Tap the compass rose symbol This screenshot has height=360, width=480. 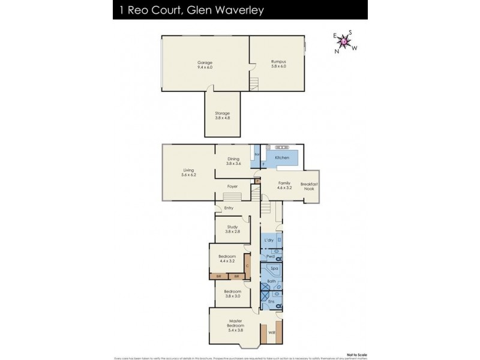(x=344, y=41)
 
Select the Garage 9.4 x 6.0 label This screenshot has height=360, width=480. (x=205, y=65)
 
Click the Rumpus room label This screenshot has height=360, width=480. (x=278, y=65)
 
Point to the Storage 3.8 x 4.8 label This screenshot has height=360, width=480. (x=223, y=116)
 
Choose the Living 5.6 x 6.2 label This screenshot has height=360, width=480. (x=188, y=172)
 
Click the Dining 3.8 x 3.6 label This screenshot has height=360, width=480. (x=233, y=161)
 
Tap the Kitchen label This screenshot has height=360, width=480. (x=282, y=157)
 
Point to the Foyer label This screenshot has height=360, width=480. (x=233, y=186)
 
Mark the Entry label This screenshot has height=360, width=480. (x=229, y=208)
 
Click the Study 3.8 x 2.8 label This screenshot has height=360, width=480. (x=232, y=229)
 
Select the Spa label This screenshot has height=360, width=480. (x=274, y=268)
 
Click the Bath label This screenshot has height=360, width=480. (x=271, y=281)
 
